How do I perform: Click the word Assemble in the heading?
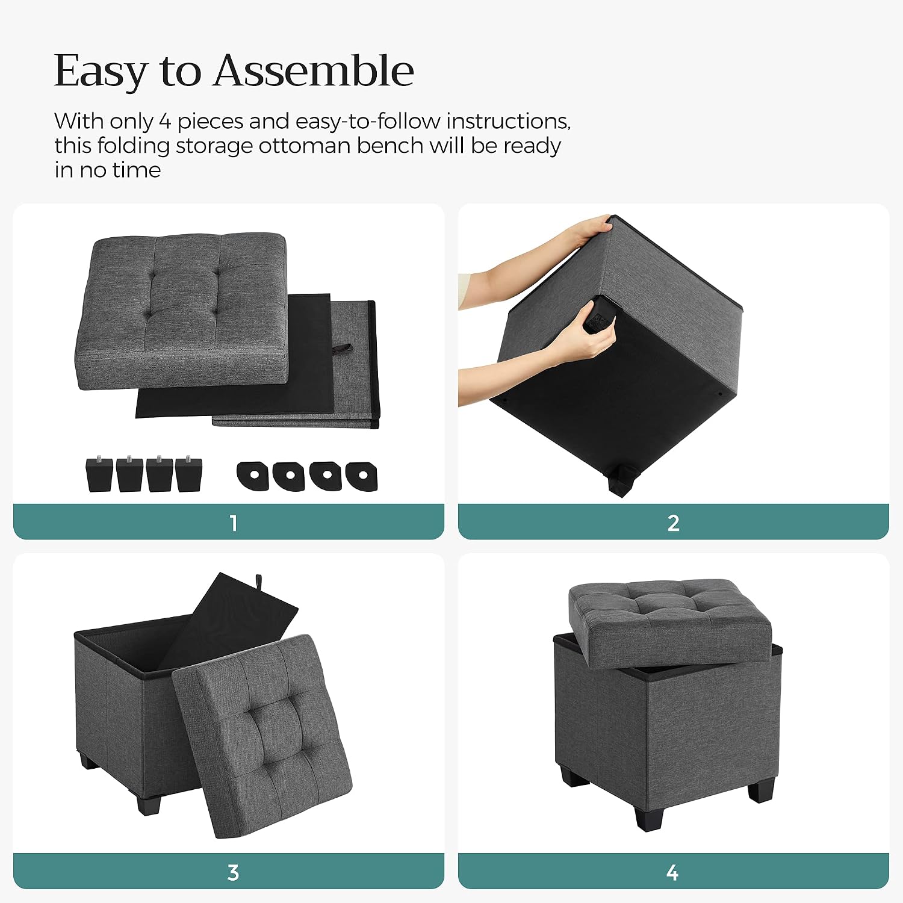[x=314, y=71]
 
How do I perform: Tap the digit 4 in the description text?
[x=165, y=122]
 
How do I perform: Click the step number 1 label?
[x=234, y=523]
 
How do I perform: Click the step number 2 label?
[x=674, y=523]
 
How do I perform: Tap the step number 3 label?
[x=234, y=872]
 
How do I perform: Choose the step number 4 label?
[x=673, y=872]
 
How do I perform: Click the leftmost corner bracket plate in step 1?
[x=253, y=476]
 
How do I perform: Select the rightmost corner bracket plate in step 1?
[x=361, y=476]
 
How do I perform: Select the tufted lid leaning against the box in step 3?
[x=262, y=736]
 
